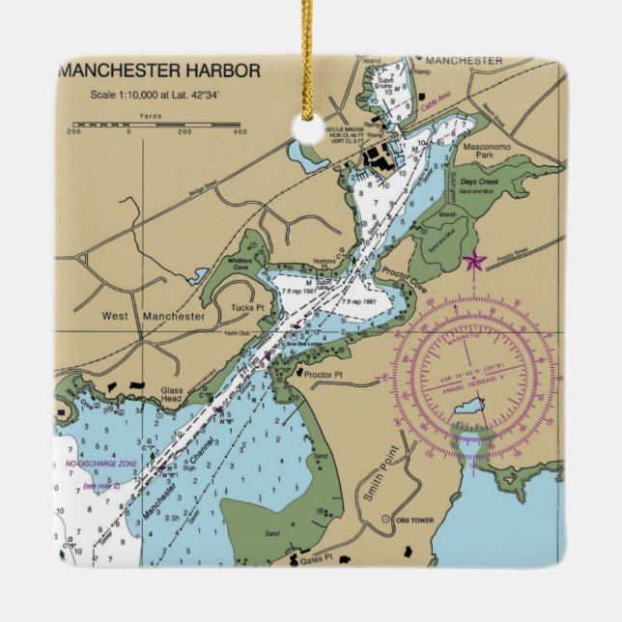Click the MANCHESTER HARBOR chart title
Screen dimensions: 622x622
point(159,71)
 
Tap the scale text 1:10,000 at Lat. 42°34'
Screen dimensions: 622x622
point(155,95)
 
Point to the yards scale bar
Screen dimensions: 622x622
point(157,125)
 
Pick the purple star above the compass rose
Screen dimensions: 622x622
point(474,261)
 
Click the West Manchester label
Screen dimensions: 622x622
point(154,316)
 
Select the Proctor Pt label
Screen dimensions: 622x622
point(325,372)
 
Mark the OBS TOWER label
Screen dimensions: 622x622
point(417,520)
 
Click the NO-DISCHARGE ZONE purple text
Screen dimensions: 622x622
point(102,465)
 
